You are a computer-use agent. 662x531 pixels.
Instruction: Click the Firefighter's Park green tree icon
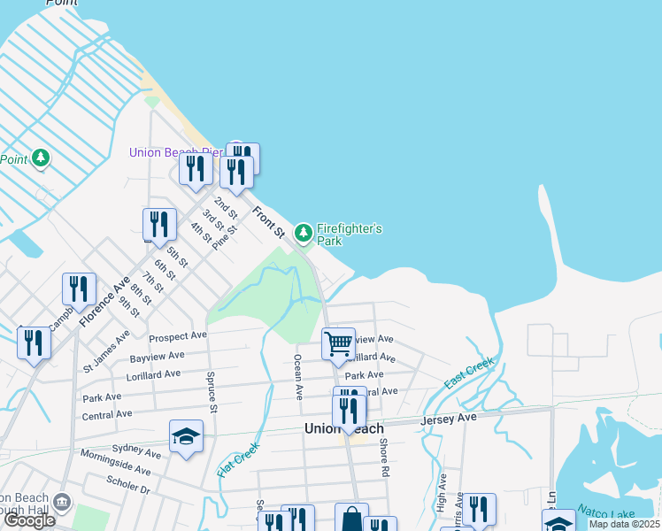pos(304,233)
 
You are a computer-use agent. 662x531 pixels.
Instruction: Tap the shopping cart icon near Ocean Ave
pos(338,342)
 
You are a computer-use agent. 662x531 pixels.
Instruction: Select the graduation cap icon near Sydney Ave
pos(187,435)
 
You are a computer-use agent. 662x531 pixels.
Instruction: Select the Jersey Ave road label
pos(450,418)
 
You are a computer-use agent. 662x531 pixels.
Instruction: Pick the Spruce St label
pos(213,392)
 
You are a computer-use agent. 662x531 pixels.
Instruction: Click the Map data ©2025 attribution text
pos(625,524)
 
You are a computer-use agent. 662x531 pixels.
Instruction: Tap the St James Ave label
pos(106,350)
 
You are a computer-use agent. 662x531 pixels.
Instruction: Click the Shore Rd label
pos(384,458)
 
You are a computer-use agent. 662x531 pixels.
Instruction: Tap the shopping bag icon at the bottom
pos(351,518)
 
